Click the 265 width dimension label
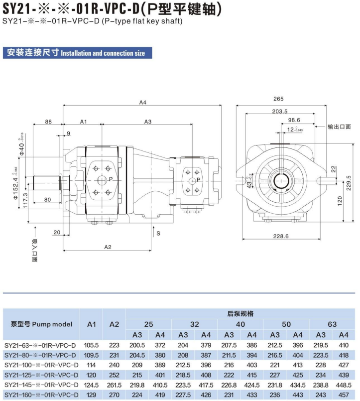pyautogui.click(x=278, y=99)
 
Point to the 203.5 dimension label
pyautogui.click(x=280, y=111)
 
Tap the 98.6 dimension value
pyautogui.click(x=294, y=120)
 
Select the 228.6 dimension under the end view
pyautogui.click(x=281, y=236)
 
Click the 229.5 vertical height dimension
pyautogui.click(x=349, y=183)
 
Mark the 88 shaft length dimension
pyautogui.click(x=48, y=122)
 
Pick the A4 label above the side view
pyautogui.click(x=143, y=102)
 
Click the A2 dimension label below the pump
pyautogui.click(x=108, y=247)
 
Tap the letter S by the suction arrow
pyautogui.click(x=158, y=233)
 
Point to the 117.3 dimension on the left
pyautogui.click(x=25, y=200)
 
